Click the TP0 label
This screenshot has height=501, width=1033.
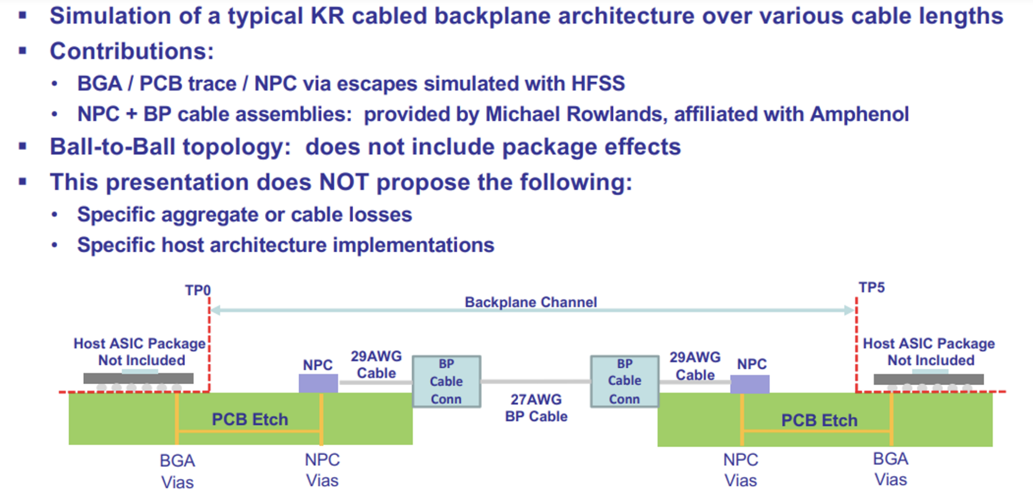[x=197, y=290]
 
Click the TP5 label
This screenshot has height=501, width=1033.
[x=872, y=287]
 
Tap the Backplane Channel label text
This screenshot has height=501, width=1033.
[x=531, y=302]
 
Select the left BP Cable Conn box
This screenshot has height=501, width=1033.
[x=446, y=381]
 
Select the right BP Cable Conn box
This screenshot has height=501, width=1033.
[x=624, y=381]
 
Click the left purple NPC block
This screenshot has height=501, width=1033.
[x=318, y=383]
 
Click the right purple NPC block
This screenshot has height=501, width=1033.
[x=750, y=384]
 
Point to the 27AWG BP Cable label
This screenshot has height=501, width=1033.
[x=536, y=408]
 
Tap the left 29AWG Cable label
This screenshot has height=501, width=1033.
[x=376, y=365]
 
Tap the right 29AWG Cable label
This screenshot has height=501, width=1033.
[x=695, y=366]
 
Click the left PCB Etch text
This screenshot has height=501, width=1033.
[x=250, y=419]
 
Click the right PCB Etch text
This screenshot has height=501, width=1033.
[x=819, y=420]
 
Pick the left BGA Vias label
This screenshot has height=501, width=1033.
[x=177, y=471]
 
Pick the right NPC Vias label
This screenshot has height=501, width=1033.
[x=740, y=470]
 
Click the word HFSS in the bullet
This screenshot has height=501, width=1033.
[x=598, y=83]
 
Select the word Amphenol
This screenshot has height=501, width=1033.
[x=859, y=114]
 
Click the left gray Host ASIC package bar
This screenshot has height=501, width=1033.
[x=138, y=378]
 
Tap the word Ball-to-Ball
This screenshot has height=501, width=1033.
[x=116, y=147]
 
